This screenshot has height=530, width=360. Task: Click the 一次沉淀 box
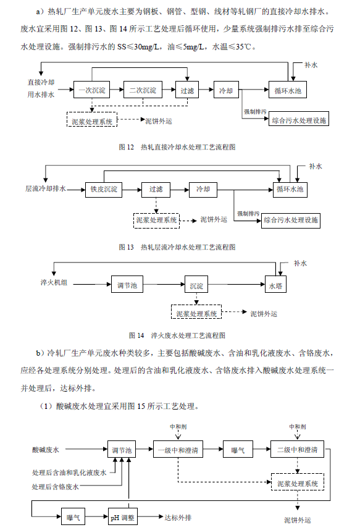tap(91, 90)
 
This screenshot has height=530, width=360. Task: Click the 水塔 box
tap(275, 286)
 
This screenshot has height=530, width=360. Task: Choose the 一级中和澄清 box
tap(177, 450)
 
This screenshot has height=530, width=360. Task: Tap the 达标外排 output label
tap(178, 516)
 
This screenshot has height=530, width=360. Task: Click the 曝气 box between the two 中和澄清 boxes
tap(238, 450)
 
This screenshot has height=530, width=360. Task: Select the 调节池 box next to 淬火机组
tap(130, 286)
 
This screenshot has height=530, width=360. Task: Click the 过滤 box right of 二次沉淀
tap(187, 90)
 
